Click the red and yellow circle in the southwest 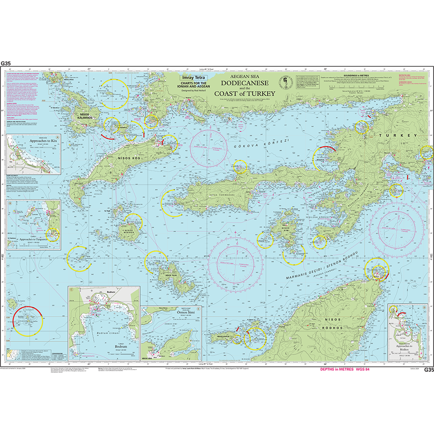coord(28,320)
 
